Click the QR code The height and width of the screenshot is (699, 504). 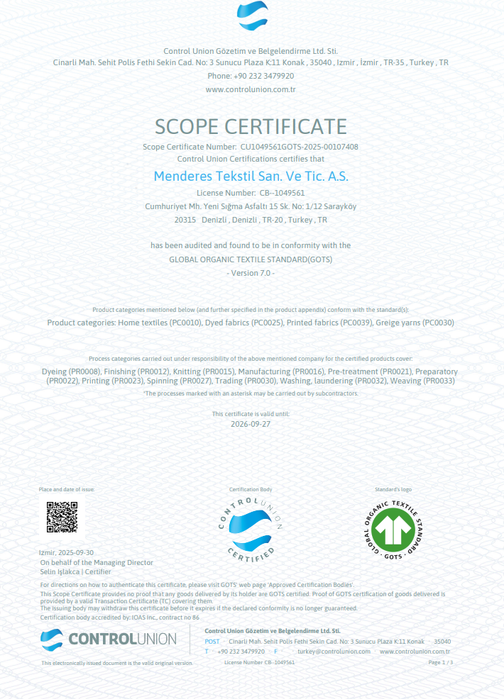click(x=62, y=517)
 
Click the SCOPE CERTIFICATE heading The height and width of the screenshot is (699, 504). click(x=251, y=126)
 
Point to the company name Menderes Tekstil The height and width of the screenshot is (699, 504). click(x=251, y=175)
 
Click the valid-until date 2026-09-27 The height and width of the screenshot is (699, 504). click(x=251, y=424)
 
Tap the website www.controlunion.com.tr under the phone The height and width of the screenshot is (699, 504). click(x=251, y=89)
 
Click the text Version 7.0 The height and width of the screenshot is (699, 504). click(x=251, y=273)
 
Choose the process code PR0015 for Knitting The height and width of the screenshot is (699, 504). click(x=219, y=371)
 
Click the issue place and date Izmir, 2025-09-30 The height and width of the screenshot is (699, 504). click(x=66, y=552)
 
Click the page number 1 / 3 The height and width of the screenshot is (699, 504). click(x=441, y=662)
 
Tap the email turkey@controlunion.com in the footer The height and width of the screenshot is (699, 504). click(x=334, y=651)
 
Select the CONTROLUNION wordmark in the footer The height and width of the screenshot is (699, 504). click(x=122, y=639)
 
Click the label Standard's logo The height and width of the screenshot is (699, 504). click(x=393, y=489)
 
